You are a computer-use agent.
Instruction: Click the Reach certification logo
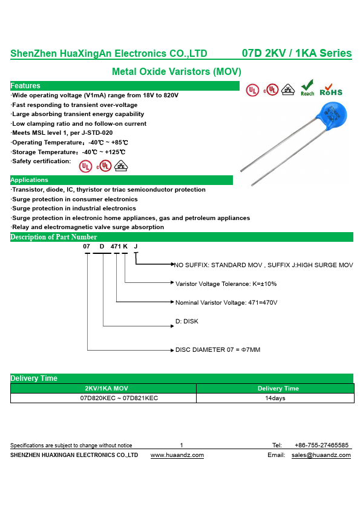point(307,88)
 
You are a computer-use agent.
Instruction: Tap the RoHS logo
point(331,90)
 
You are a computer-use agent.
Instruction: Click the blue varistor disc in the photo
point(332,115)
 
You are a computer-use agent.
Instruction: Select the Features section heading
point(25,86)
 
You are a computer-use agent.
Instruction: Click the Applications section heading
point(29,180)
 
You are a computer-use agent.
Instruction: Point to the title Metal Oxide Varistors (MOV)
point(177,71)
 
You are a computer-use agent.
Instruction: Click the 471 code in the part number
point(116,247)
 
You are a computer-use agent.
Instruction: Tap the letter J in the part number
point(136,247)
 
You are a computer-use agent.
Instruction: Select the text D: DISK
point(187,321)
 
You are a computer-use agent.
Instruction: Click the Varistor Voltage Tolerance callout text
point(226,284)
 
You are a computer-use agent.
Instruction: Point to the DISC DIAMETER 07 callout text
point(218,349)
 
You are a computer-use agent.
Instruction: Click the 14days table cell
point(275,398)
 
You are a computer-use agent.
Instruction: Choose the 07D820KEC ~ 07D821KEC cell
point(119,398)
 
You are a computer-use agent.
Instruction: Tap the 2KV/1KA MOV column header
point(106,388)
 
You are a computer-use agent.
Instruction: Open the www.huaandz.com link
point(177,455)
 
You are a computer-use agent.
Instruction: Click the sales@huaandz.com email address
point(321,455)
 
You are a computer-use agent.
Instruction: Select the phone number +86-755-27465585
point(321,445)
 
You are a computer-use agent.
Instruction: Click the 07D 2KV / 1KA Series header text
point(296,53)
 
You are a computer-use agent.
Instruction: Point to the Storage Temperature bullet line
point(68,152)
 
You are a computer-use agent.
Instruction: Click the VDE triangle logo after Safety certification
point(121,166)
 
